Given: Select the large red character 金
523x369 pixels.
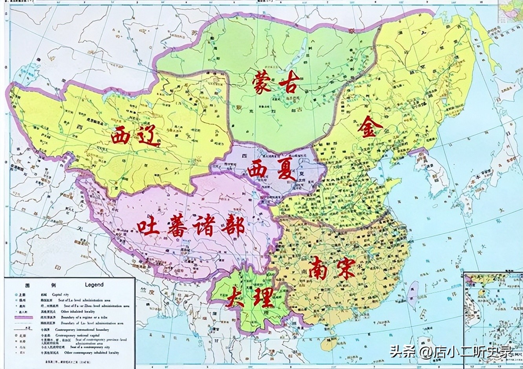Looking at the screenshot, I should [369, 128].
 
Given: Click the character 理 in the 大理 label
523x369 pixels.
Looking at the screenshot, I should [262, 298].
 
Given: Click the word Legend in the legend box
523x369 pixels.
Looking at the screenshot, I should [94, 284].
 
